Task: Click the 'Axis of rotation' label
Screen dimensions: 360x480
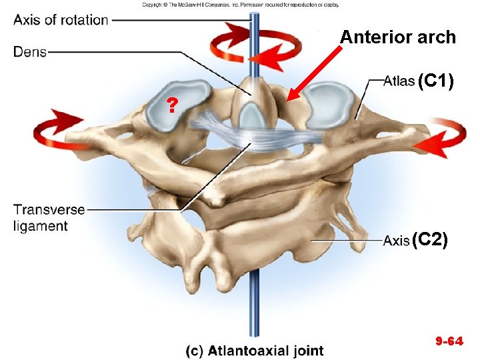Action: [x=61, y=20]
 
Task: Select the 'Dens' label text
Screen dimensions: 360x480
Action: [x=30, y=52]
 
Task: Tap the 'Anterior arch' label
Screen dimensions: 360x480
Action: [x=398, y=37]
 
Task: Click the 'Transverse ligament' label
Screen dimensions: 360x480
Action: [x=49, y=217]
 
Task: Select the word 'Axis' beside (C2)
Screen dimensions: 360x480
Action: [x=397, y=240]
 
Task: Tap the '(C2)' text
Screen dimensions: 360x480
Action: [x=429, y=239]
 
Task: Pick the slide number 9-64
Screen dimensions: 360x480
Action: [x=449, y=341]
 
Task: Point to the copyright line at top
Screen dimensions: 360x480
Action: [x=240, y=4]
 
